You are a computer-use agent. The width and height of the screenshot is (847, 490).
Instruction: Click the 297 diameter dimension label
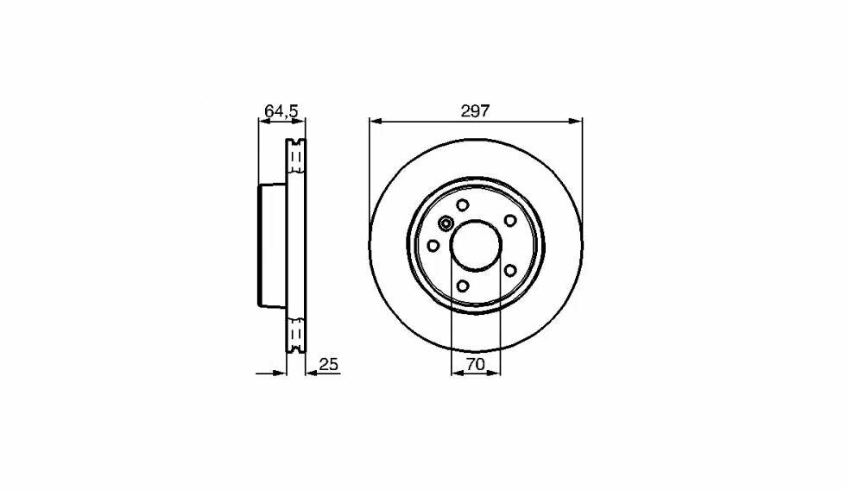476,110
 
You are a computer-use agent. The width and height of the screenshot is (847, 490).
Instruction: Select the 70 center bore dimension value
475,364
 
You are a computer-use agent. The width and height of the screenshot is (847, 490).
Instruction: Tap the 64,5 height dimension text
281,110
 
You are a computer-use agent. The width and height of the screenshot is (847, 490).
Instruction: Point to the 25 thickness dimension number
328,364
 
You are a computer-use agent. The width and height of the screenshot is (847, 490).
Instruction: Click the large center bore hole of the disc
476,245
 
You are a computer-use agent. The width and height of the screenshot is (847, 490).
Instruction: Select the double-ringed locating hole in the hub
446,224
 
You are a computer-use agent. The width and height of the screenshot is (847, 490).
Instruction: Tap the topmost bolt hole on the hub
463,204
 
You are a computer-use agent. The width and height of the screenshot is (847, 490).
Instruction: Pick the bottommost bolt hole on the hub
463,286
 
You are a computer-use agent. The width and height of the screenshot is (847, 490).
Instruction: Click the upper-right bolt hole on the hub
509,220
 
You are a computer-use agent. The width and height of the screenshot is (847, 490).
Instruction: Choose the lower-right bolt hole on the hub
509,270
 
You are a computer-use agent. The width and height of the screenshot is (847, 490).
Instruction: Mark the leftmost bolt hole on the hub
433,245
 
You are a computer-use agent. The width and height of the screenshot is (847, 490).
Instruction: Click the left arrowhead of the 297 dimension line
374,121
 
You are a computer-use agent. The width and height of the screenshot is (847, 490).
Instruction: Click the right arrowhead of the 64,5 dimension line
301,121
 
